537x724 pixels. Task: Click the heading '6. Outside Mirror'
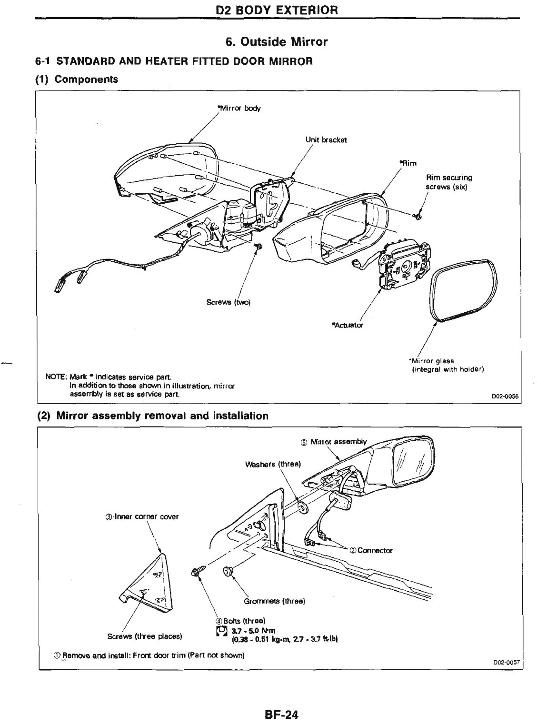[277, 42]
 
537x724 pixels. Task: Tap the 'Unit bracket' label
[326, 140]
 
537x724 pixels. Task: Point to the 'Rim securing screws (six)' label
[449, 182]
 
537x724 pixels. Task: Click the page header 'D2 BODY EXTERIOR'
[277, 10]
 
